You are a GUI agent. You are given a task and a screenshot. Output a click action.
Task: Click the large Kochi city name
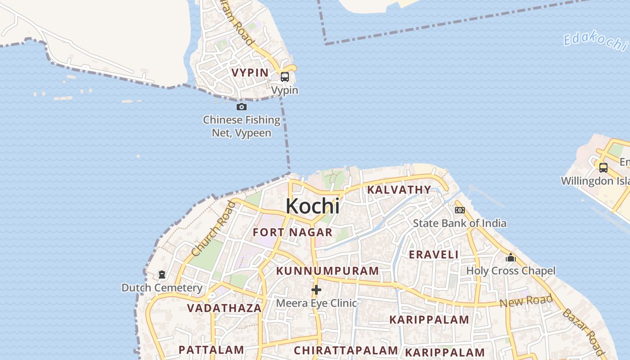pyautogui.click(x=312, y=206)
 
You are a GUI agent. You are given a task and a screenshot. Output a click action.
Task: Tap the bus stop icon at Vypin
pyautogui.click(x=285, y=77)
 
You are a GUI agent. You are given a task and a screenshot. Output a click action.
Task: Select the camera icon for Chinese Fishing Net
pyautogui.click(x=242, y=107)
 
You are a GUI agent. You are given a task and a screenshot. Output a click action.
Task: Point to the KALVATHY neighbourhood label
pyautogui.click(x=399, y=190)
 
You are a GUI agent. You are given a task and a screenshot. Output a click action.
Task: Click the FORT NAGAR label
pyautogui.click(x=292, y=233)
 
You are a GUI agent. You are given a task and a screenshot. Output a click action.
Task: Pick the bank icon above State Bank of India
pyautogui.click(x=459, y=210)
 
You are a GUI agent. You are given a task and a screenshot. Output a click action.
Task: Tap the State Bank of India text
pyautogui.click(x=459, y=223)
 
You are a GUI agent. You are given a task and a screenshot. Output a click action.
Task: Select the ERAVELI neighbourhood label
pyautogui.click(x=433, y=255)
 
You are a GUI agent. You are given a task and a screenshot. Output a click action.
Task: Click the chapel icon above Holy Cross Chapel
pyautogui.click(x=511, y=258)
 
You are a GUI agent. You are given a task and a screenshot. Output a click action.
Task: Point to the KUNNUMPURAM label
pyautogui.click(x=327, y=271)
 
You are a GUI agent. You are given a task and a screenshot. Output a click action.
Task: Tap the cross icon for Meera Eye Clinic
pyautogui.click(x=316, y=290)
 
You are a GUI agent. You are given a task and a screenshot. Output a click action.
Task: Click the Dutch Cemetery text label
pyautogui.click(x=162, y=288)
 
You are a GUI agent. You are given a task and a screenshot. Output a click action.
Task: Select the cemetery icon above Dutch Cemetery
pyautogui.click(x=162, y=274)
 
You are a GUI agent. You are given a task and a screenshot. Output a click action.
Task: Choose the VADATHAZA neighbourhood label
pyautogui.click(x=224, y=308)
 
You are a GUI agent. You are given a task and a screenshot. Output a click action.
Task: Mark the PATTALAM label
pyautogui.click(x=211, y=350)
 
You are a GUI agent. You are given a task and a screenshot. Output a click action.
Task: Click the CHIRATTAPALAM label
pyautogui.click(x=346, y=351)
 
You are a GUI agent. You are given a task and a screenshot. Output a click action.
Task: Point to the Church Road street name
pyautogui.click(x=213, y=229)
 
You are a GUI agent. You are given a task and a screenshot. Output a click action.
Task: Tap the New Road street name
pyautogui.click(x=526, y=301)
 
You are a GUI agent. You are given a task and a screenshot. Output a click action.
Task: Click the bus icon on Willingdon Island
pyautogui.click(x=603, y=168)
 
